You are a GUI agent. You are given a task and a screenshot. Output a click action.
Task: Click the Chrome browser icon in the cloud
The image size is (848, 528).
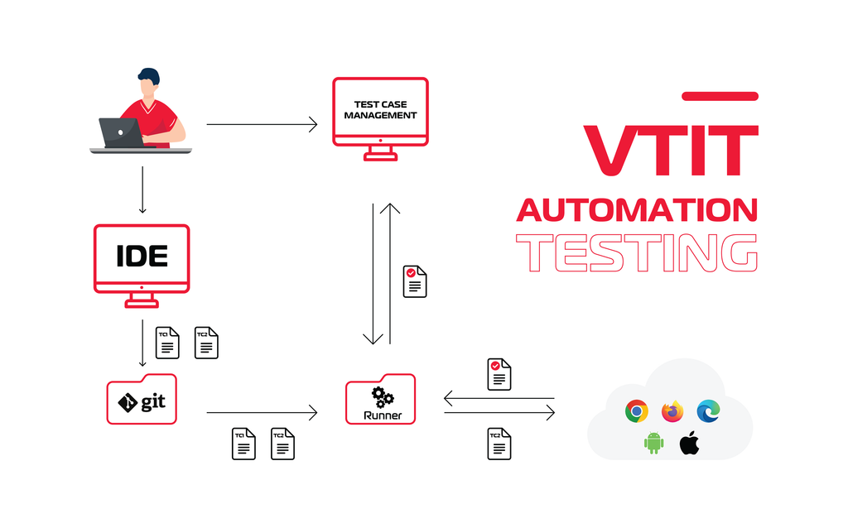[x=636, y=410]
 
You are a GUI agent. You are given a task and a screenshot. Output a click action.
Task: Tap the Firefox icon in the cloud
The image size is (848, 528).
[x=672, y=410]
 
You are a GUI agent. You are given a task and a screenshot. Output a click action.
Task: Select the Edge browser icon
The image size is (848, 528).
[x=708, y=410]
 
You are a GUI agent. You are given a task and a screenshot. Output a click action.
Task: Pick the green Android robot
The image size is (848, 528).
[x=654, y=443]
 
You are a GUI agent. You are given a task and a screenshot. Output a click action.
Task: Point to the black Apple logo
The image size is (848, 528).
[x=689, y=443]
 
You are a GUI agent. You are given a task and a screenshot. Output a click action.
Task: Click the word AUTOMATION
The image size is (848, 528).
[x=636, y=210]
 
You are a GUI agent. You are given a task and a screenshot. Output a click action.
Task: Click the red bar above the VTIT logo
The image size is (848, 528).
[x=719, y=97]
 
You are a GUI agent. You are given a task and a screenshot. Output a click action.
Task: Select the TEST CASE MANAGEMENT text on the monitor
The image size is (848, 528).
[x=380, y=110]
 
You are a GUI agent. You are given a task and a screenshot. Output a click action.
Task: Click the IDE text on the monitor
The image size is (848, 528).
[x=142, y=256]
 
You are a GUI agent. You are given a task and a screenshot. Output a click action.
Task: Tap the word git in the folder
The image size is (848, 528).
[x=152, y=402]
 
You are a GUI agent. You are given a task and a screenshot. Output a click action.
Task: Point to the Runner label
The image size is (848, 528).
[x=382, y=415]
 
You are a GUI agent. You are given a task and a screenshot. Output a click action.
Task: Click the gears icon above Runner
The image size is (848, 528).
[x=382, y=396]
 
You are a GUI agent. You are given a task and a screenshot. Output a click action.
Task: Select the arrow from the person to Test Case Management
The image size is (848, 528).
[x=261, y=124]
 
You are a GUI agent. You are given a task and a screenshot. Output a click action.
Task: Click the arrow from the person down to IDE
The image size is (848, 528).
[x=142, y=190]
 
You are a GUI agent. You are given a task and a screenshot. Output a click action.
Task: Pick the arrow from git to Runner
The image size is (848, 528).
[x=261, y=411]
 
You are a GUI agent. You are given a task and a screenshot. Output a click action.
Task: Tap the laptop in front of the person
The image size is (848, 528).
[x=120, y=132]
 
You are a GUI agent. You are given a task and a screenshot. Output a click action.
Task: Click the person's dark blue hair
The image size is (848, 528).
[x=149, y=75]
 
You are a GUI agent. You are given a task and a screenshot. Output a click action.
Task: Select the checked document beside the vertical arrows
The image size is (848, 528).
[x=415, y=281]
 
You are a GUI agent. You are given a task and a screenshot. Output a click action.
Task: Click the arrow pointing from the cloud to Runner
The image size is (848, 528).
[x=499, y=399]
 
